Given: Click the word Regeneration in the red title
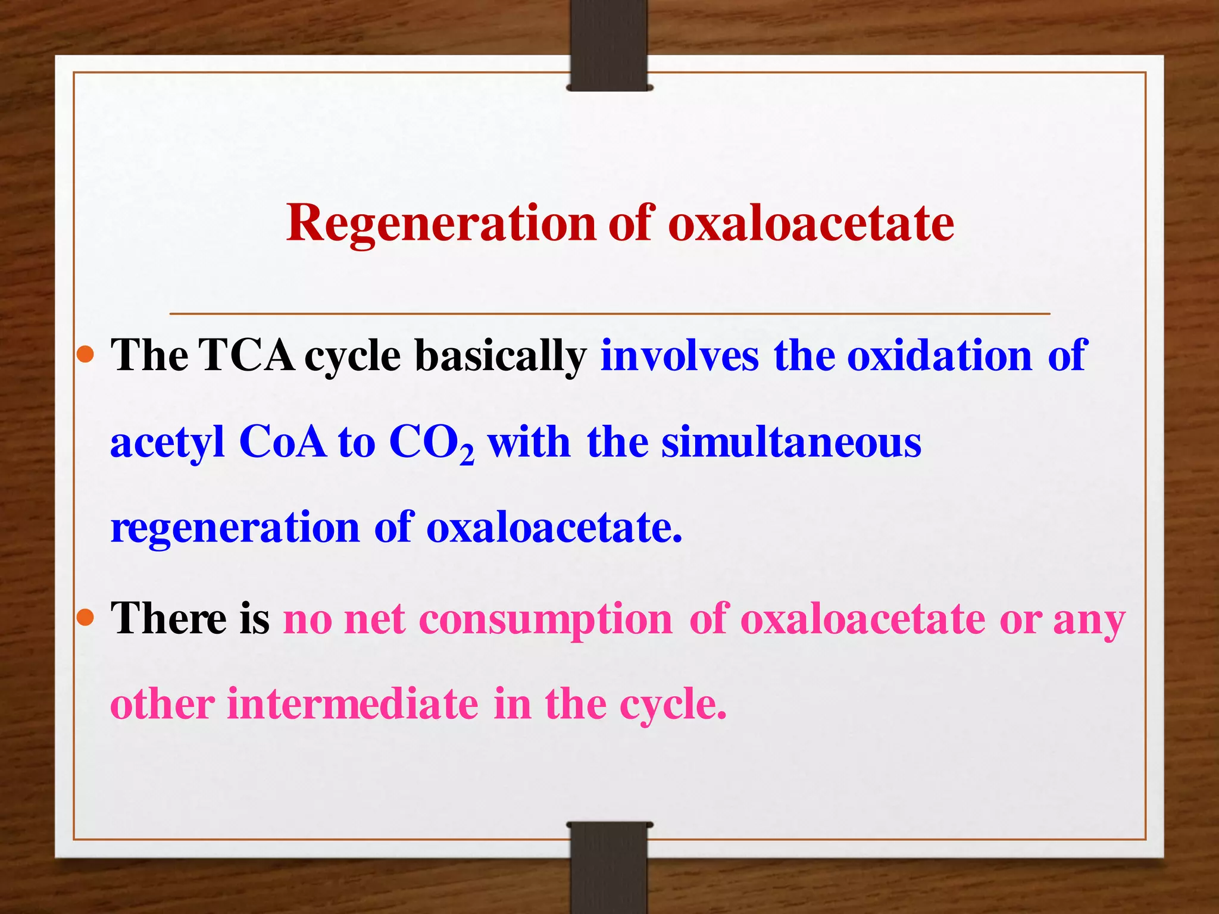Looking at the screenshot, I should pyautogui.click(x=440, y=224).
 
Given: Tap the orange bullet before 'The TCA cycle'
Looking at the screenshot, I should pyautogui.click(x=86, y=355).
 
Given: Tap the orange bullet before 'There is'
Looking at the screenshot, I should pyautogui.click(x=86, y=618).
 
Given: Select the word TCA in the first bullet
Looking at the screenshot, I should pyautogui.click(x=246, y=356).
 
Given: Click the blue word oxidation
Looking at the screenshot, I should pyautogui.click(x=939, y=356).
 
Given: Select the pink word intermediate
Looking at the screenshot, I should pyautogui.click(x=352, y=705).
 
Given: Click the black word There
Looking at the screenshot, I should pyautogui.click(x=168, y=619).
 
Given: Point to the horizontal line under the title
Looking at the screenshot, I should pyautogui.click(x=609, y=313).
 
